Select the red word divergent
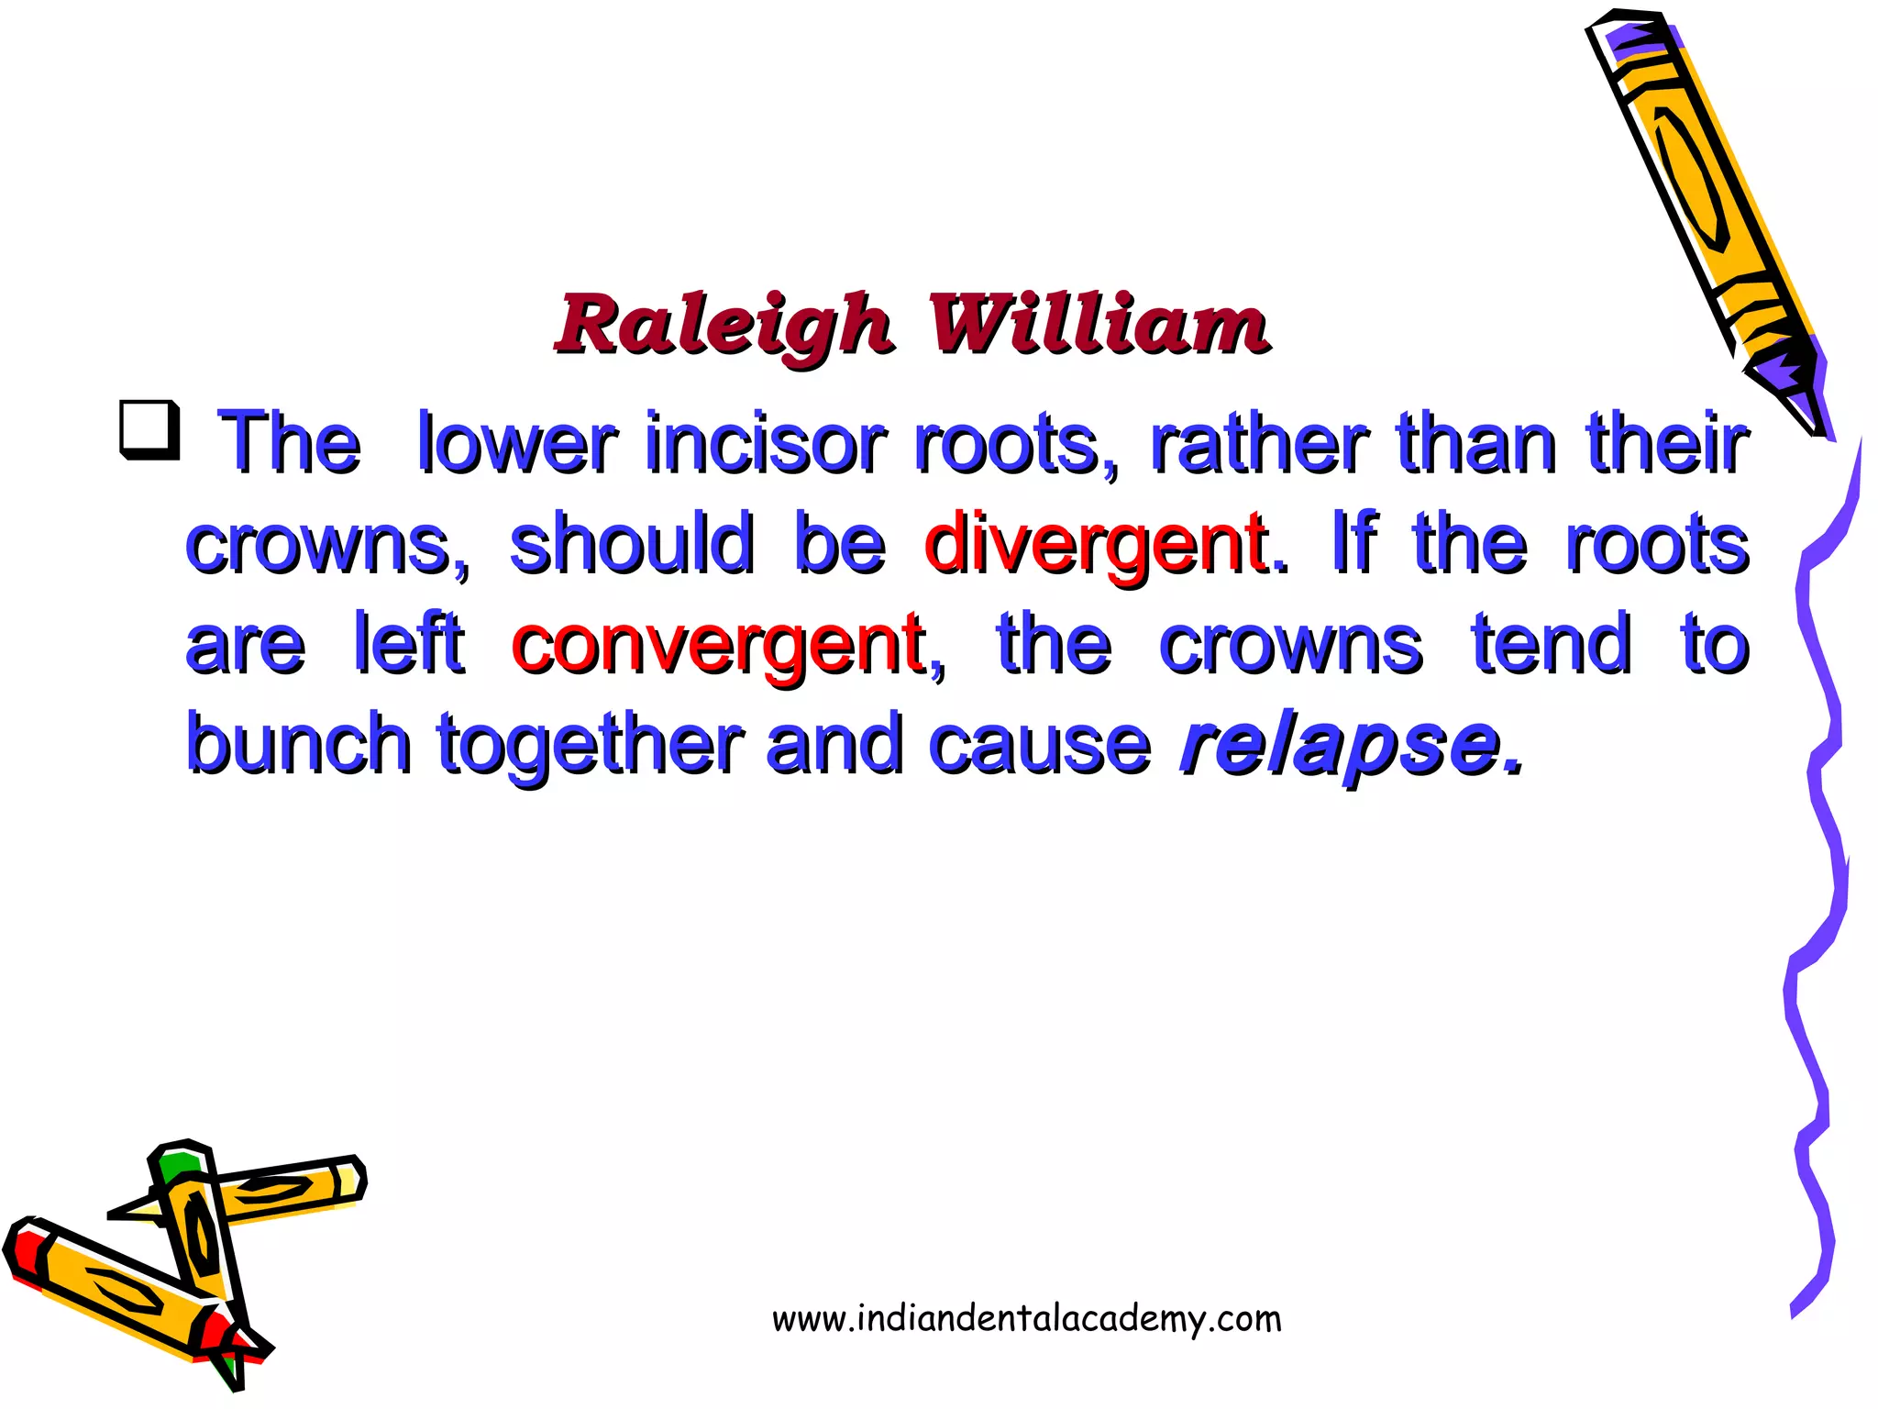pos(1097,545)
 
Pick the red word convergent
pos(718,646)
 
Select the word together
pos(589,745)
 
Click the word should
pos(632,544)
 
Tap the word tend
pos(1552,644)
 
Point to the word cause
pos(1039,745)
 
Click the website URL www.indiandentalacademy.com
pos(1026,1319)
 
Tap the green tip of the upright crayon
pos(178,1166)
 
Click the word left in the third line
pos(409,644)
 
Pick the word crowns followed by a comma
pos(326,545)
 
